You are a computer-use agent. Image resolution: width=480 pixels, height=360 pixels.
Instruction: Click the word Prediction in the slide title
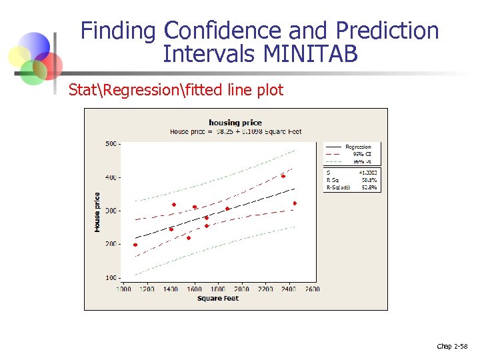pos(387,31)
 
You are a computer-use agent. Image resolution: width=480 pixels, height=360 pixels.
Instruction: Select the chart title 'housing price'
pos(235,122)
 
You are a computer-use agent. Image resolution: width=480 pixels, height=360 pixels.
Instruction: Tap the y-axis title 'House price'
pos(97,212)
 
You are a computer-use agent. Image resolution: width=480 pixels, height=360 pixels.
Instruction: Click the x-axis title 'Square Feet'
pos(218,298)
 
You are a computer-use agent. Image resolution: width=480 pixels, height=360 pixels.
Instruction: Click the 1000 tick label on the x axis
pos(125,289)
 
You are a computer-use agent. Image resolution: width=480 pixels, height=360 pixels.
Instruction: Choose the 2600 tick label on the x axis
pos(312,289)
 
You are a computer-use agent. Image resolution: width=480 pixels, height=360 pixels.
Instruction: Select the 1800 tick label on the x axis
pos(218,289)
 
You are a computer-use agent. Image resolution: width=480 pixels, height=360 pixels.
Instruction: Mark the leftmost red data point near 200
pos(135,245)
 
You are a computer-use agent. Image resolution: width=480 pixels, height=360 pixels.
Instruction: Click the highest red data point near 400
pos(283,176)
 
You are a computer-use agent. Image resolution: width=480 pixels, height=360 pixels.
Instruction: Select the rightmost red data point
pos(295,203)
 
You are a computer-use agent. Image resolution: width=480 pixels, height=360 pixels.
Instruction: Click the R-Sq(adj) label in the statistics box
pos(339,187)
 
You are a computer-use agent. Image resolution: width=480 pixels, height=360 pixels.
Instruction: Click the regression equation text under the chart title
pos(235,131)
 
